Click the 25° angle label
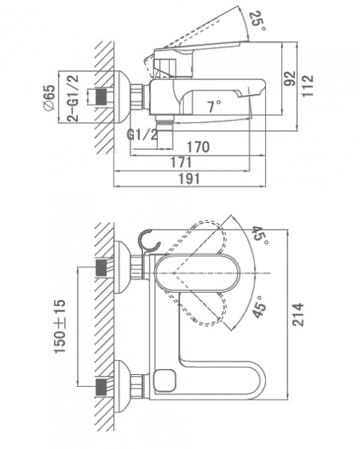click(x=258, y=21)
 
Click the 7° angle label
click(x=215, y=107)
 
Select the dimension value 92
click(x=290, y=78)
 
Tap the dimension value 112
click(x=308, y=86)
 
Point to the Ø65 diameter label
click(x=49, y=97)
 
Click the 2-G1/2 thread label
click(x=73, y=98)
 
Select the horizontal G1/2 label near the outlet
click(x=142, y=134)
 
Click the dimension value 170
click(x=198, y=147)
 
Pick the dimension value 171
click(x=181, y=162)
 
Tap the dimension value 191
click(x=189, y=179)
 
